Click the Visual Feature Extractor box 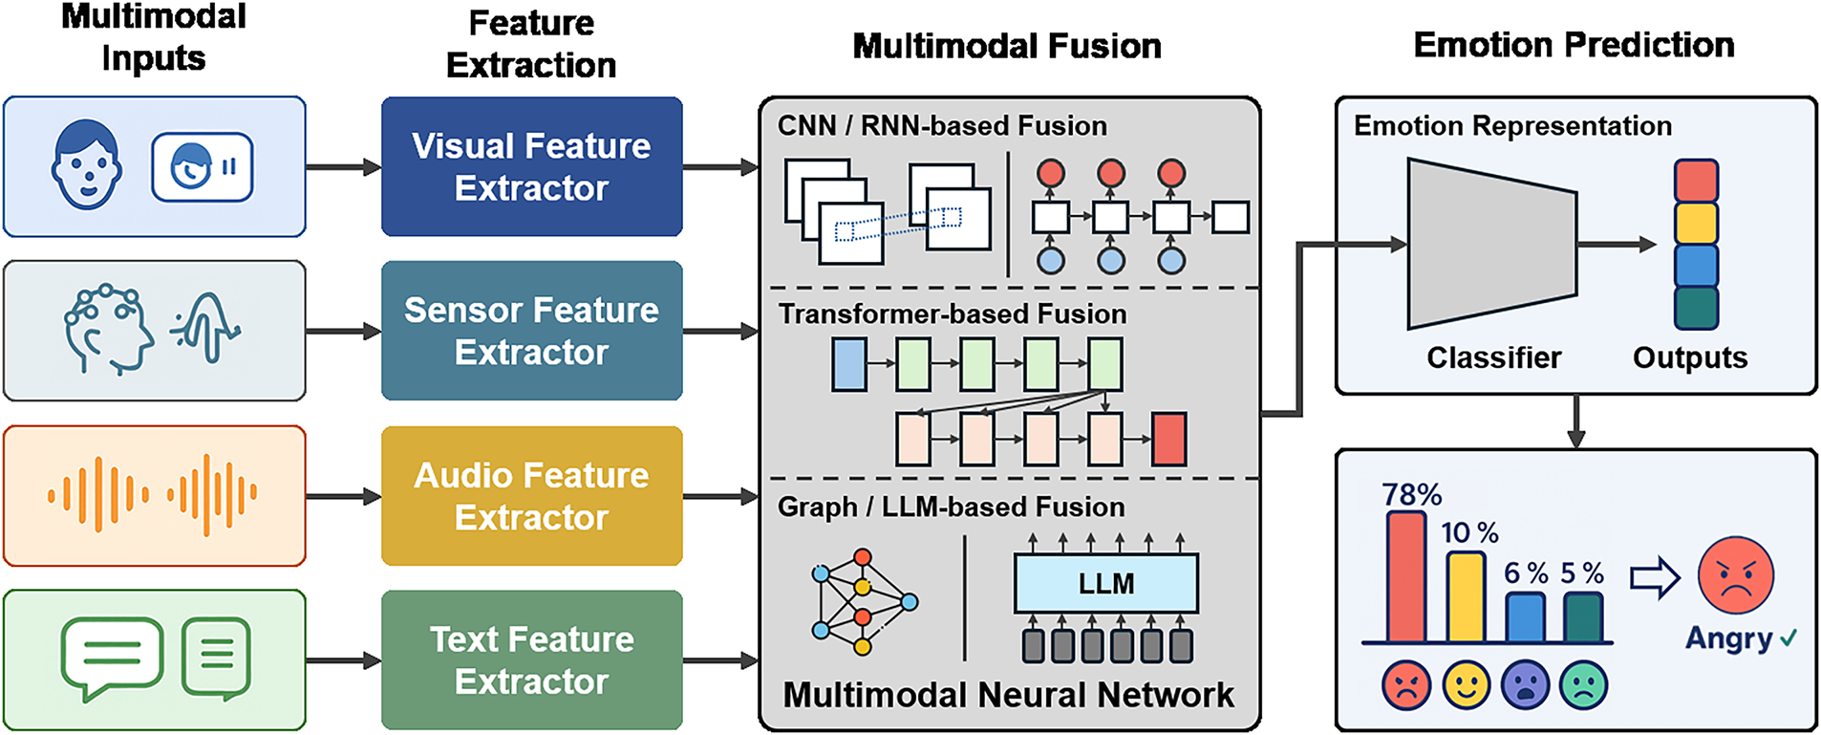pos(531,166)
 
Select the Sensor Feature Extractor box pos(531,331)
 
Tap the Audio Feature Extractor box pos(531,496)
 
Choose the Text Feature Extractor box pos(531,660)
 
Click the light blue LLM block pos(1105,583)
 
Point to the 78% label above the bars pos(1411,495)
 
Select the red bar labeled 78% pos(1406,577)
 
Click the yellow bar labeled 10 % pos(1466,596)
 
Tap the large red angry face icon pos(1735,575)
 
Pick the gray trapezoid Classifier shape pos(1490,245)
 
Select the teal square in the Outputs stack pos(1696,308)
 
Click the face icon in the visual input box pos(87,164)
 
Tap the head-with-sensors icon pos(107,329)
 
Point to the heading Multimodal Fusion pos(1007,46)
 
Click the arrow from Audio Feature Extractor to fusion pos(720,496)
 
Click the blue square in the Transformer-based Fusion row pos(849,364)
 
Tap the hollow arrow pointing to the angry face pos(1655,577)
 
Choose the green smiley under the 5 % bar pos(1583,685)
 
